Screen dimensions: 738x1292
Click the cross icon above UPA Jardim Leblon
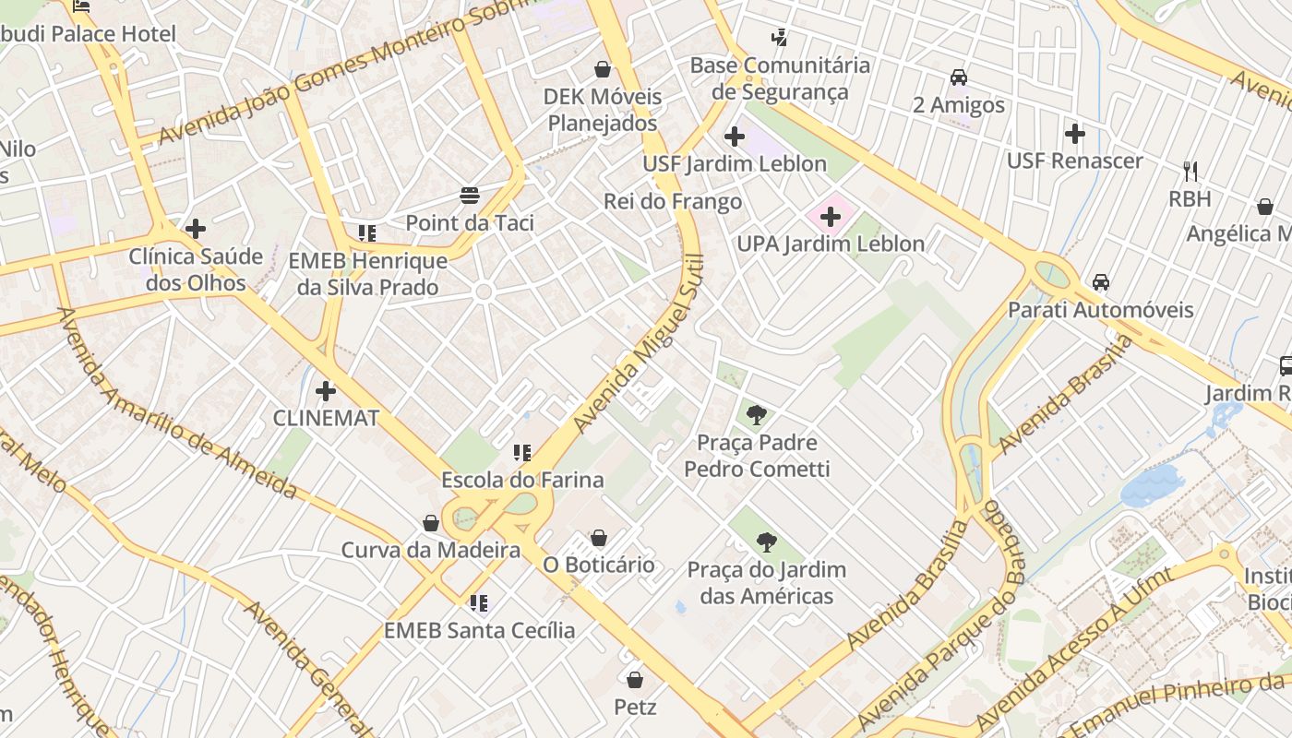click(831, 217)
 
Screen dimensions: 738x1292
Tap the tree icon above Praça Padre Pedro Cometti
click(757, 415)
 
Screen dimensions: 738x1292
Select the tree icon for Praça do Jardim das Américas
click(766, 542)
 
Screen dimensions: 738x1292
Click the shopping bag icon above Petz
click(635, 680)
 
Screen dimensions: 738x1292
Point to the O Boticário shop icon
click(599, 538)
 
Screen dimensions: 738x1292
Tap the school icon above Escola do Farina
click(522, 452)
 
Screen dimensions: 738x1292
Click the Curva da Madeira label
click(431, 551)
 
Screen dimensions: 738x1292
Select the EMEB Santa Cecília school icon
click(478, 603)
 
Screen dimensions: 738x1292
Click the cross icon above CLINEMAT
click(326, 390)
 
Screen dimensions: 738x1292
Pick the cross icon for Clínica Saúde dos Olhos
click(196, 228)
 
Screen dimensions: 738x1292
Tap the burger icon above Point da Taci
click(470, 196)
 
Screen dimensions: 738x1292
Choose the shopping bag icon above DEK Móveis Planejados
click(603, 69)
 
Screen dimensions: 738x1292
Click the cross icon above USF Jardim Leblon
click(735, 137)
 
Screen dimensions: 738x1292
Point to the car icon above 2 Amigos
click(959, 77)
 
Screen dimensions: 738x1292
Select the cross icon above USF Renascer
click(1074, 134)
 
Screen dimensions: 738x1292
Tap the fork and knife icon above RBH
click(1190, 171)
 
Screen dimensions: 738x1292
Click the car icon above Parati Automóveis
click(1100, 282)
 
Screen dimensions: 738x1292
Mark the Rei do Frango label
click(673, 201)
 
